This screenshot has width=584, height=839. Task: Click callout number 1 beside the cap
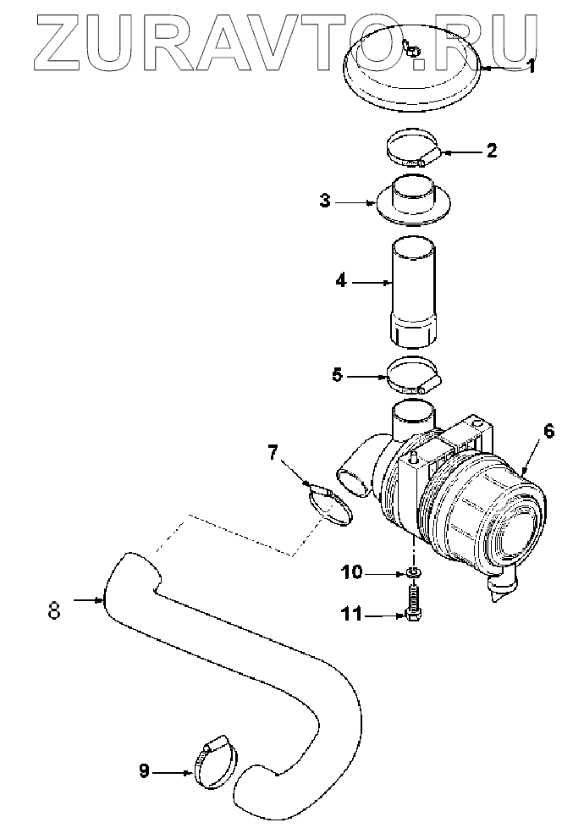tap(532, 65)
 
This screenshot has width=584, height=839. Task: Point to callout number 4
tap(341, 281)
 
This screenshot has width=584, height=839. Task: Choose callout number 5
tap(337, 374)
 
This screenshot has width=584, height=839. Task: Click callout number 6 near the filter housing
tap(548, 432)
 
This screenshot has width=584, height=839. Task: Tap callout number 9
tap(145, 770)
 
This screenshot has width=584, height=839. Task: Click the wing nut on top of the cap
tap(411, 50)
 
